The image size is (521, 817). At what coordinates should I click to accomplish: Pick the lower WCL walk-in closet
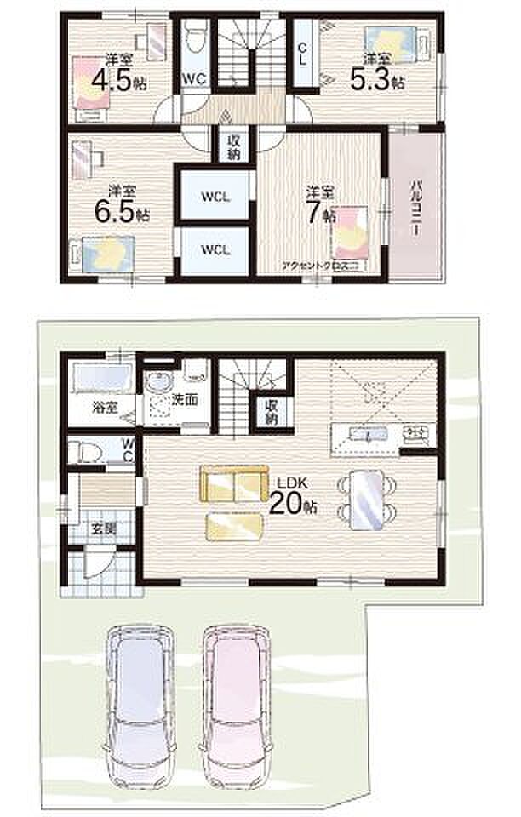tap(216, 249)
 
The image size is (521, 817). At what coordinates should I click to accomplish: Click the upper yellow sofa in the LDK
tap(232, 486)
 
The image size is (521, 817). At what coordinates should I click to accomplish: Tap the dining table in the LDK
tap(367, 500)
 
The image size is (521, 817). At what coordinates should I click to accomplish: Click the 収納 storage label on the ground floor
tap(272, 412)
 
